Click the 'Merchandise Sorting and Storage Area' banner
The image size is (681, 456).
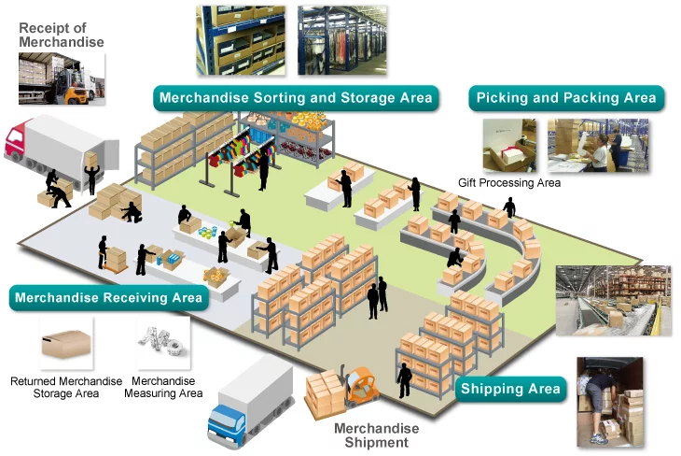pos(296,98)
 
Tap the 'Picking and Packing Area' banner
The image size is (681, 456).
pos(566,98)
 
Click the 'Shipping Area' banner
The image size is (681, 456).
pos(509,389)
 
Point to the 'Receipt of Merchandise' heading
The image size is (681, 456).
pos(62,36)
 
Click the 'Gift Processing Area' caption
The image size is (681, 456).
pos(509,183)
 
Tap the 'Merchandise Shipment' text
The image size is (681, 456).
pos(377,435)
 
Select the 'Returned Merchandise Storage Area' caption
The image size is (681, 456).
pos(66,388)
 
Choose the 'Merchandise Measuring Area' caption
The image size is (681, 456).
pos(163,388)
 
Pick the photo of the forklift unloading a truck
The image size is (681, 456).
pos(62,78)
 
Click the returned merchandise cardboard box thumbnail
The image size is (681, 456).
pos(66,343)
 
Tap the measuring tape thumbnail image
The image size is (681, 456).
pos(163,343)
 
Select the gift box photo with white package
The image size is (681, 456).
pos(509,146)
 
